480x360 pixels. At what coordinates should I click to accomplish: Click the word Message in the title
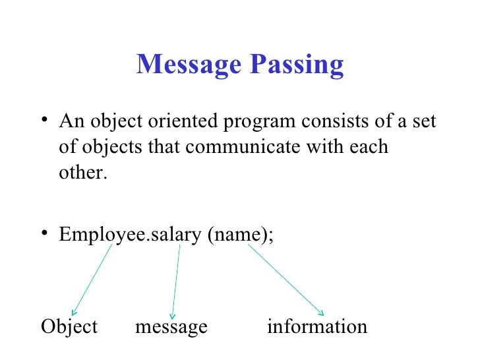coord(186,65)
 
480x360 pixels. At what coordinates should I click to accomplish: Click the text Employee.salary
coord(130,235)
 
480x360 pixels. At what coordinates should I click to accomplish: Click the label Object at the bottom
coord(69,326)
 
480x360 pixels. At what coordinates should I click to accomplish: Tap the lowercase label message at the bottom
coord(171,327)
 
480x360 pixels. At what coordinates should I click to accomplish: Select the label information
coord(316,326)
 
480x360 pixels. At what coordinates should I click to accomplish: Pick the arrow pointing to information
coord(285,278)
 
